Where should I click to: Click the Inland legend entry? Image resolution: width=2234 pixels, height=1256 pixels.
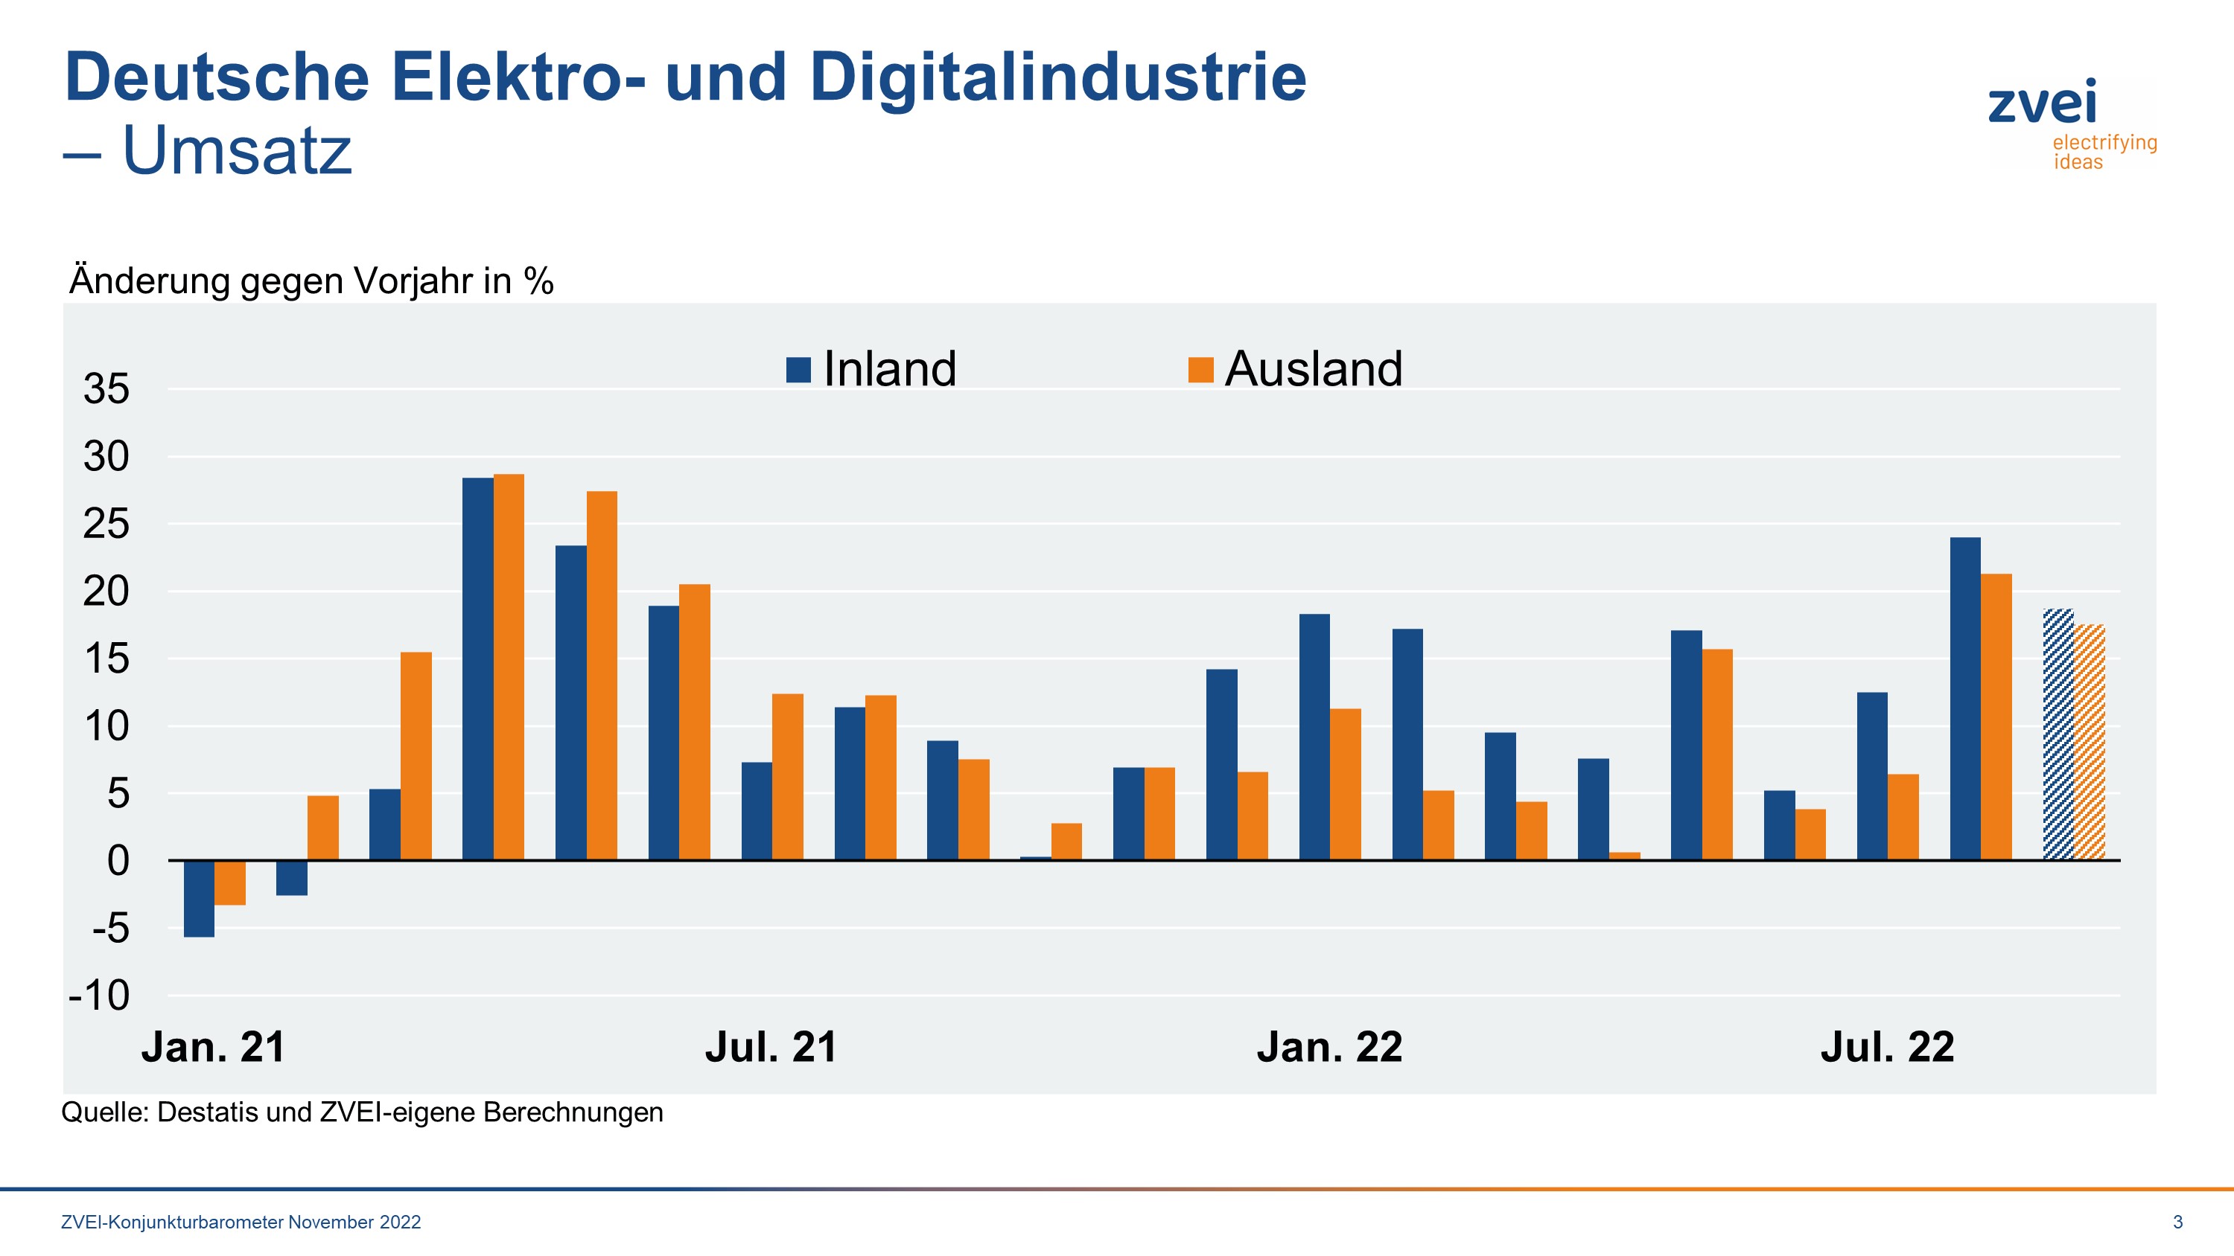tap(871, 369)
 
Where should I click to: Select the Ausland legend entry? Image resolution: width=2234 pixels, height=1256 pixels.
tap(1296, 369)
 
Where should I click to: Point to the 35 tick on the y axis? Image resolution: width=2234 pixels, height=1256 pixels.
tap(106, 389)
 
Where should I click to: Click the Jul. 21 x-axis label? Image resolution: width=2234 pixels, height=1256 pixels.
tap(770, 1047)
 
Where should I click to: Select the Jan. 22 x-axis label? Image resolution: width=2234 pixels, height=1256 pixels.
tap(1328, 1047)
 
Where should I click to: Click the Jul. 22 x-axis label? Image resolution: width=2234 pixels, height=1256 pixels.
tap(1887, 1047)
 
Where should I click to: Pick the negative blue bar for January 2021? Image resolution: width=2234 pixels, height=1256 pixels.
tap(199, 898)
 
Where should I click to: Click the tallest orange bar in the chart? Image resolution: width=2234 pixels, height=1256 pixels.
tap(508, 667)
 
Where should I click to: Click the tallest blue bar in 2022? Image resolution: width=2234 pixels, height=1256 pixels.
tap(1964, 699)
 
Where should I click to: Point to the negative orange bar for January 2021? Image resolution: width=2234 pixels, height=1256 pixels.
tap(230, 882)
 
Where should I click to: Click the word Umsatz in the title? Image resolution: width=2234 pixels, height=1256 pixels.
tap(237, 151)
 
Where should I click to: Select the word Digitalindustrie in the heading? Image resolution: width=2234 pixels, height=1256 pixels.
tap(1057, 77)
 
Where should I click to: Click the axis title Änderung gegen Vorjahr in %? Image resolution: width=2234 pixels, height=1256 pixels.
tap(311, 281)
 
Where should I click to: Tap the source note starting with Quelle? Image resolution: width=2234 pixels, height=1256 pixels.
tap(362, 1112)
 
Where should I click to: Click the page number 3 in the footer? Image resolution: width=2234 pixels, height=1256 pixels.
tap(2177, 1223)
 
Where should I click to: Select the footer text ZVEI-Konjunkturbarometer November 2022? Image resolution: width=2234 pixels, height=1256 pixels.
tap(241, 1223)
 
